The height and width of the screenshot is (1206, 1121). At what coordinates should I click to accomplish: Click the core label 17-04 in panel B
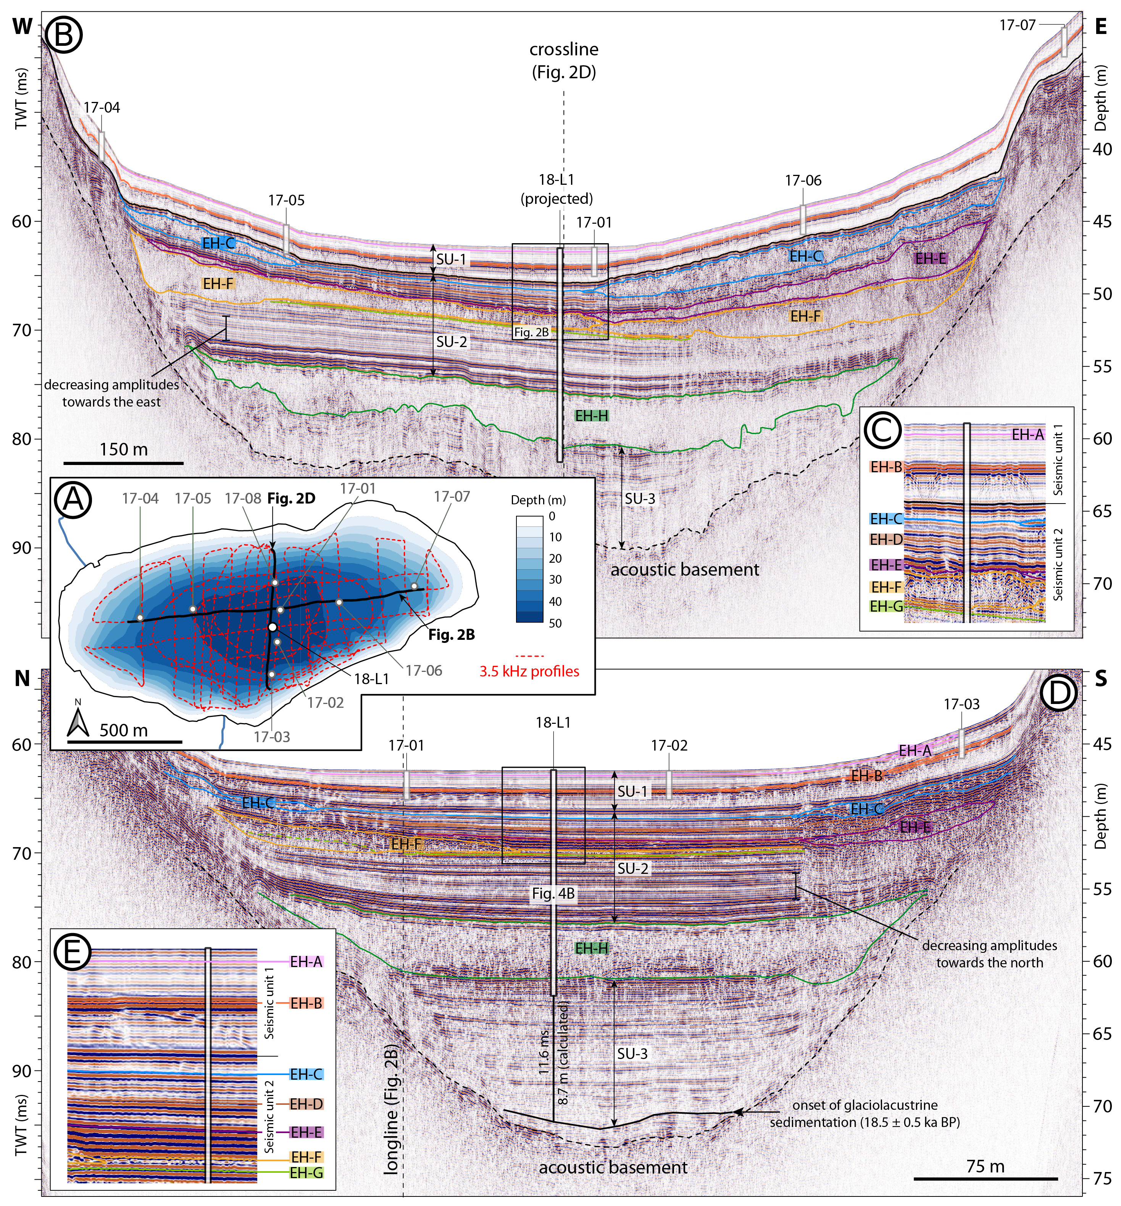102,107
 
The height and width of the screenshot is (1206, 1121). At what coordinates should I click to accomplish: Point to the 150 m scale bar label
124,449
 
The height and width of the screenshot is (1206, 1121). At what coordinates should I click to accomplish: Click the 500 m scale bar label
124,730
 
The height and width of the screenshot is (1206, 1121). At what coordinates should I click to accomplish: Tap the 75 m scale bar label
986,1166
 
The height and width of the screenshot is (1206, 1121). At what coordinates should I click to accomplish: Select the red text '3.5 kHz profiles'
529,671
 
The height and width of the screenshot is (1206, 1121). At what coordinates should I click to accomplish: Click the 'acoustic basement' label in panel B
685,570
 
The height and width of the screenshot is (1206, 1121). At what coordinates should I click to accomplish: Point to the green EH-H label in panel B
592,415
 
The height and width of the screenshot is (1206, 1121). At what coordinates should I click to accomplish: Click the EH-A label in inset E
306,962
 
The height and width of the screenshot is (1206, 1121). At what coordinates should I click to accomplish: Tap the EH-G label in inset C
886,606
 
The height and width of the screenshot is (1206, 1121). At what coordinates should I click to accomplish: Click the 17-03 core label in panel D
961,704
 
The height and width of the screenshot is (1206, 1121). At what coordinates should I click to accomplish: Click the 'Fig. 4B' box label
553,894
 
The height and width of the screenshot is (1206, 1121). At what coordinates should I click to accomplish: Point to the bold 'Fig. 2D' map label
291,499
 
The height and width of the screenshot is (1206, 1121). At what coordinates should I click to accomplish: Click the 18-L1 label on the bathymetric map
371,679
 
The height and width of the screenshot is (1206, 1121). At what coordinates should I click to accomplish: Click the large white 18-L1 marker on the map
273,626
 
